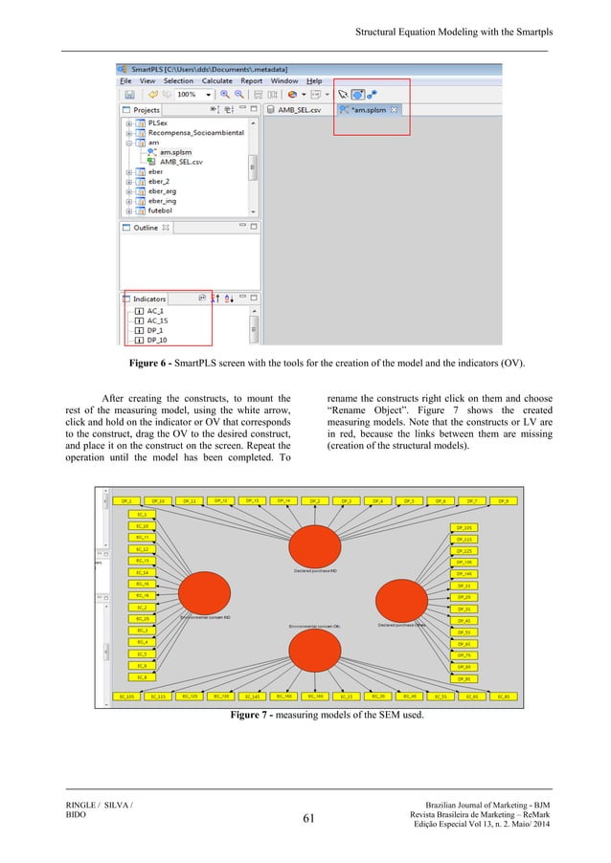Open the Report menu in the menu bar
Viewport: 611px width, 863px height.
252,81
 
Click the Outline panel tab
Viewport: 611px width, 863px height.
146,228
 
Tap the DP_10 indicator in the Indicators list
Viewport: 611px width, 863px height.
157,340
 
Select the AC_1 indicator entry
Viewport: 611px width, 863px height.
156,311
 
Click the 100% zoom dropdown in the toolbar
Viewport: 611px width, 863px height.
192,95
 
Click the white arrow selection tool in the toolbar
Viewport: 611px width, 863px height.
343,95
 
